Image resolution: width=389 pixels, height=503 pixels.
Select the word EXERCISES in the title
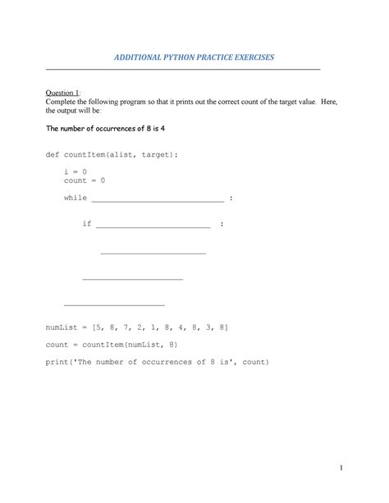pos(245,57)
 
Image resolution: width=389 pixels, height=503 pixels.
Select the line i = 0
pos(76,171)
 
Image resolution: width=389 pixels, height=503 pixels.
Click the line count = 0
pos(85,180)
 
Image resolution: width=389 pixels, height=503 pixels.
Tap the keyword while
pos(76,198)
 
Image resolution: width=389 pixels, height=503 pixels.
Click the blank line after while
pos(158,199)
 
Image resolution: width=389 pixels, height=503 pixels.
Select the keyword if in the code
pos(87,224)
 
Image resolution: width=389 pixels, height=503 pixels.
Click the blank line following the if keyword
pos(153,226)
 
